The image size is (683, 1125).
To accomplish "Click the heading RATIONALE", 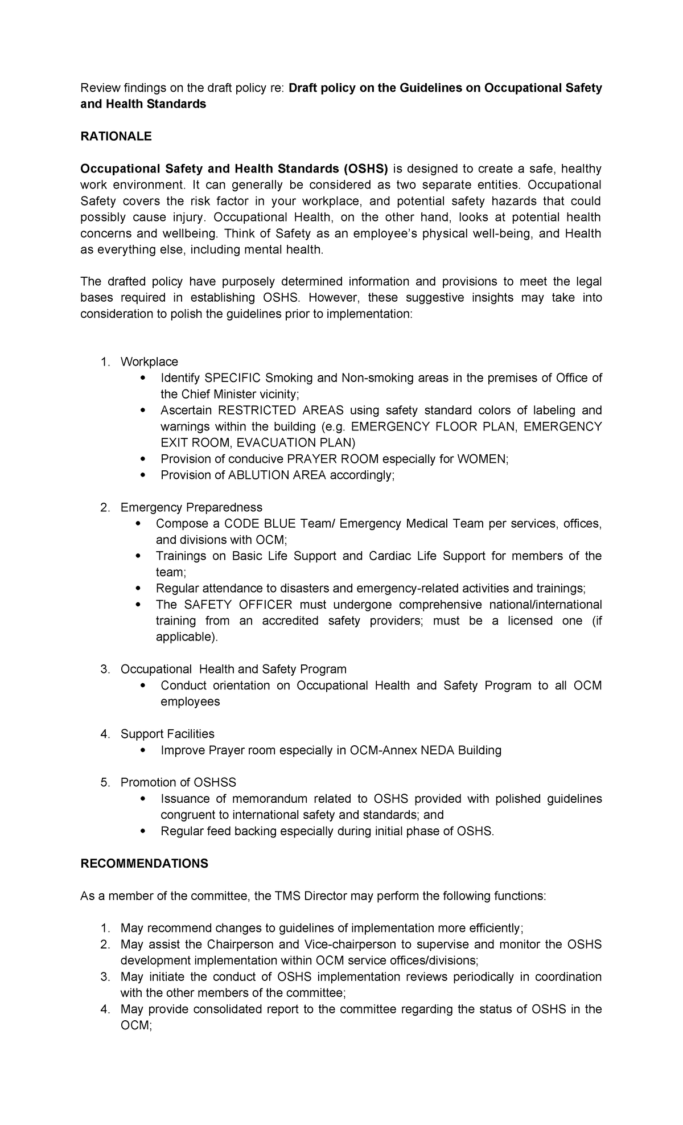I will [116, 136].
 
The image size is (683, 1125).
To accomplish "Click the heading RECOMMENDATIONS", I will [144, 864].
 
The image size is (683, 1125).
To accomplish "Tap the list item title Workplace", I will [149, 362].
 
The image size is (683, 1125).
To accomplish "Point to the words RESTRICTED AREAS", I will [281, 410].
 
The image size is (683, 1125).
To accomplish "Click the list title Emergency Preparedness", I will [191, 507].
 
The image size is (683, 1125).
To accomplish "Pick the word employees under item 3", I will [190, 701].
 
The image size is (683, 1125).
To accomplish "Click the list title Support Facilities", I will [167, 734].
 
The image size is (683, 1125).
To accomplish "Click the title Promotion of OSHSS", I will [178, 782].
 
